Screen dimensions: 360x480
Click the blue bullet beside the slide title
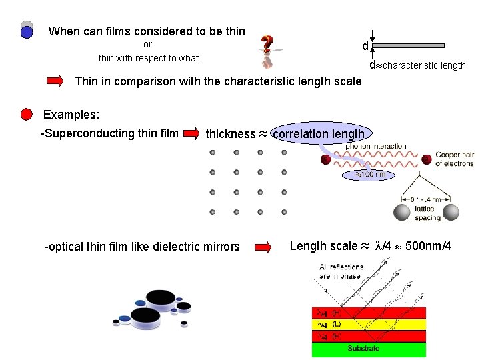[27, 32]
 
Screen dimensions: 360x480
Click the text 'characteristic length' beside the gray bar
[423, 65]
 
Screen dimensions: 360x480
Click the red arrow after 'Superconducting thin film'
[192, 134]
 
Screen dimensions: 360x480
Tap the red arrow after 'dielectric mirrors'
[264, 247]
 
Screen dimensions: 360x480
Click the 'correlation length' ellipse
[319, 133]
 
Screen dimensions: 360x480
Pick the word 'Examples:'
[71, 115]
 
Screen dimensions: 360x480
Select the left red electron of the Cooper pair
[326, 159]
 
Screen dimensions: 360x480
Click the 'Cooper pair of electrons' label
[454, 159]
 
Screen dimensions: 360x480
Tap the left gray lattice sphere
[401, 212]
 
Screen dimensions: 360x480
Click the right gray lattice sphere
[451, 212]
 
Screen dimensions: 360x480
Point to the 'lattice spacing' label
[427, 213]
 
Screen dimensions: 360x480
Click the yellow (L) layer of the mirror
[369, 325]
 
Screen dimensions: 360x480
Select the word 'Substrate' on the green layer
[363, 348]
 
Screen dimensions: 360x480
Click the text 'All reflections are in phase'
[341, 271]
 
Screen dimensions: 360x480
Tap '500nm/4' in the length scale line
[429, 247]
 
